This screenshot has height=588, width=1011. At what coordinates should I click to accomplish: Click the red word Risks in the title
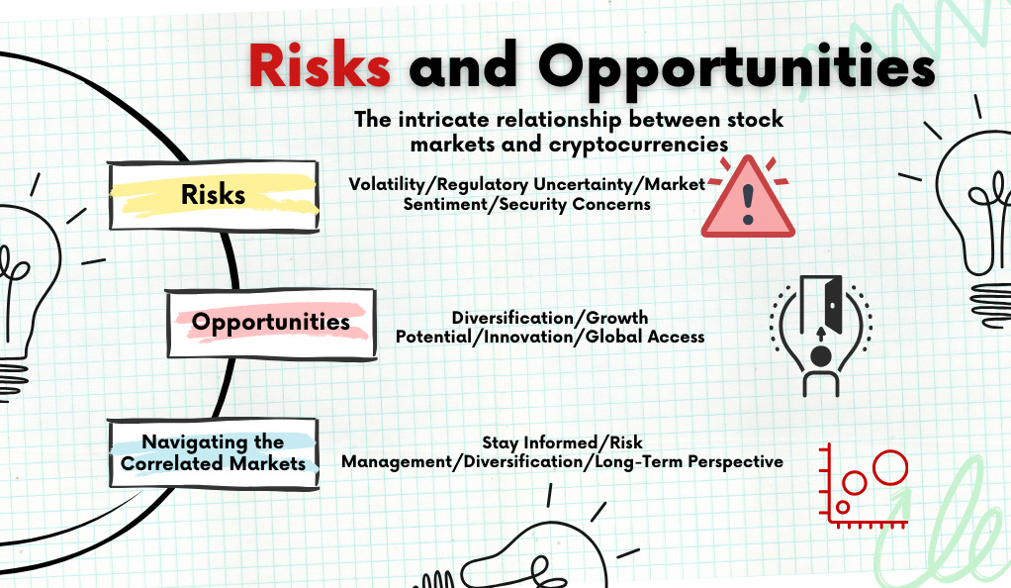(320, 65)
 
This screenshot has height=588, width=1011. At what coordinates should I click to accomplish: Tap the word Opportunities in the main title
(737, 68)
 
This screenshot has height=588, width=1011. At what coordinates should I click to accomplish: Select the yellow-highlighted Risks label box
(214, 196)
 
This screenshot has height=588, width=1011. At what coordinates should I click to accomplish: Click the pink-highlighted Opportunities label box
(271, 323)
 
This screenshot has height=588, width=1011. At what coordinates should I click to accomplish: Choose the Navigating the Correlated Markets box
(214, 453)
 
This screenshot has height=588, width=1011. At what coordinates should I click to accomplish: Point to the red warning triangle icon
(748, 197)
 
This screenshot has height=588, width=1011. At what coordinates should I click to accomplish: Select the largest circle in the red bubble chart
(890, 467)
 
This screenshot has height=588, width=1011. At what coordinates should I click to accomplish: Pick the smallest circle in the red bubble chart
(843, 507)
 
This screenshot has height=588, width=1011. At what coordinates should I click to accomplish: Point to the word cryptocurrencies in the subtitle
(638, 144)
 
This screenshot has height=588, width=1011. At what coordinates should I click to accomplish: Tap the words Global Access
(645, 337)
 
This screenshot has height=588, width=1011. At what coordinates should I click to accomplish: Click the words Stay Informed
(540, 442)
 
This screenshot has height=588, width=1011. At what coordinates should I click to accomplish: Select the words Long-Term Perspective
(689, 462)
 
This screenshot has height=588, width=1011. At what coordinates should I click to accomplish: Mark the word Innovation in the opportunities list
(528, 337)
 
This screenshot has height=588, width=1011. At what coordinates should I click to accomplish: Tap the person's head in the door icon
(821, 355)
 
